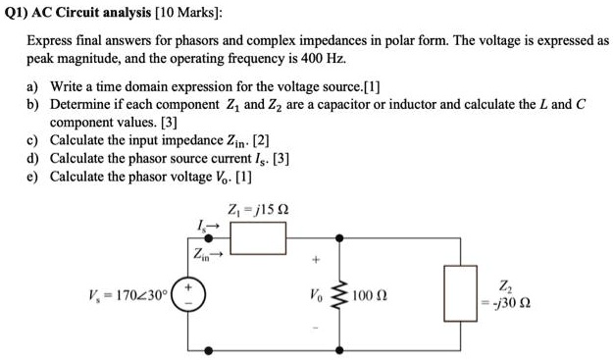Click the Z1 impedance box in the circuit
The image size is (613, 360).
(257, 236)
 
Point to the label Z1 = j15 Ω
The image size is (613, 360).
(257, 209)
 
